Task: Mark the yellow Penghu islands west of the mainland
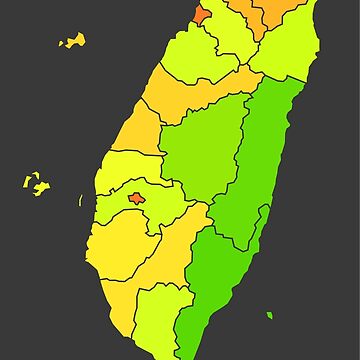coord(36,185)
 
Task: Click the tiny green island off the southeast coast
coord(269,316)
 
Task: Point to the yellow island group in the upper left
coord(72,42)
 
